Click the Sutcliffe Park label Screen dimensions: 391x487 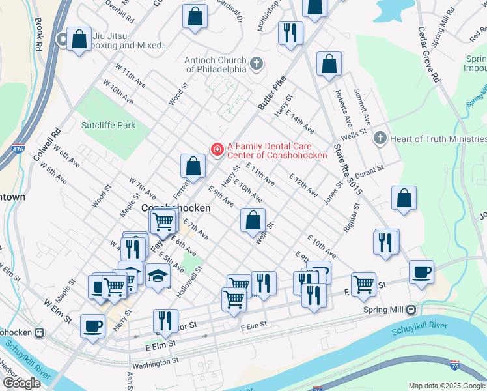108,125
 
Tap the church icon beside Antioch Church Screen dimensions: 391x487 257,64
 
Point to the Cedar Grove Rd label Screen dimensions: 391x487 430,53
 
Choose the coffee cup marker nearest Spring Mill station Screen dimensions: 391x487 421,272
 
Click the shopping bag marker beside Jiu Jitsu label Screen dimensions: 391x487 79,40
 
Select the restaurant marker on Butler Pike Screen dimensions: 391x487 290,33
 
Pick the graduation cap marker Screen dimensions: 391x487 158,276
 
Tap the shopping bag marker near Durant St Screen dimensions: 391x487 404,199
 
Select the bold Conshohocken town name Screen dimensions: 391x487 176,208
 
